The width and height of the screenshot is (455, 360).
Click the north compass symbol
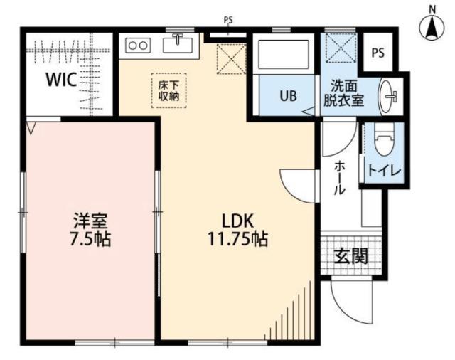click(x=431, y=26)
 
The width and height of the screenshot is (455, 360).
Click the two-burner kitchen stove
click(x=138, y=46)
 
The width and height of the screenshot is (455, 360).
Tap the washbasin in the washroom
click(x=390, y=95)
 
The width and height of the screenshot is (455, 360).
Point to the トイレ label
click(x=383, y=171)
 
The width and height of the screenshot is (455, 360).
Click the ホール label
click(x=339, y=178)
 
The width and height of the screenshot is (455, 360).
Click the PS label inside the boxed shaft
click(x=378, y=51)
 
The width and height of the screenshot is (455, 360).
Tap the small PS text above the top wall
click(x=228, y=21)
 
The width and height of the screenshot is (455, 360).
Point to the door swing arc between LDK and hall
click(x=295, y=186)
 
